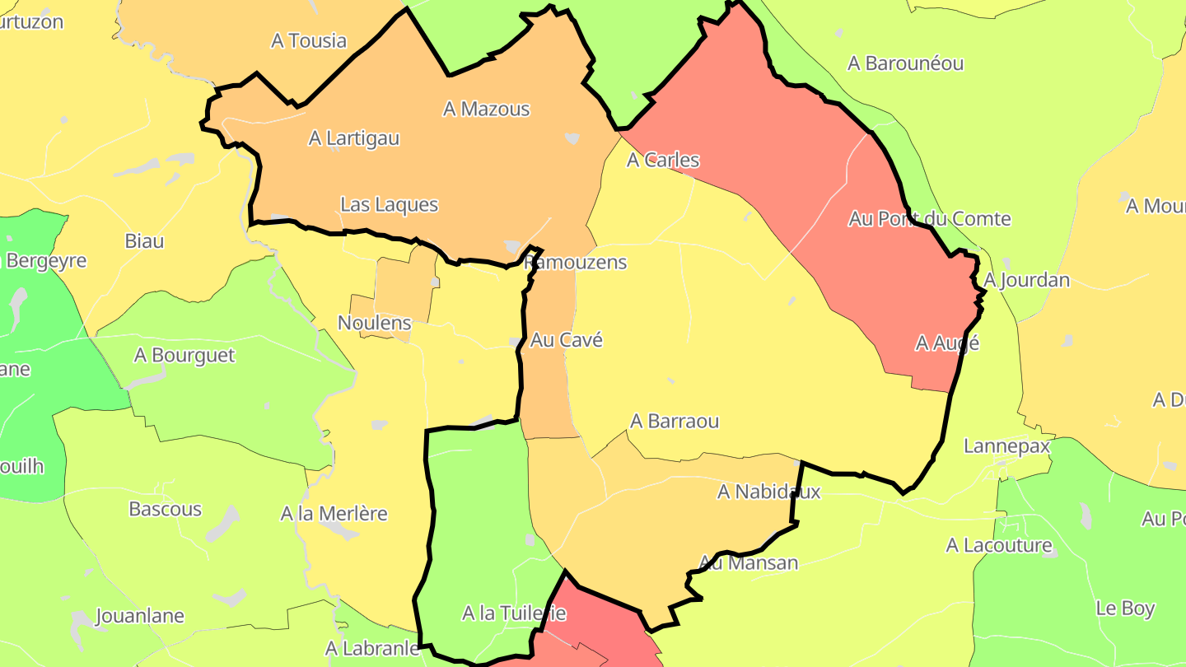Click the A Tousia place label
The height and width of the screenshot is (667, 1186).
pos(309,41)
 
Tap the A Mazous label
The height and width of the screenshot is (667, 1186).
pos(486,109)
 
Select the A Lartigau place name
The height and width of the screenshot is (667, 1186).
pos(354,138)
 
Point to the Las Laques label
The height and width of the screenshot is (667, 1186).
pos(389,204)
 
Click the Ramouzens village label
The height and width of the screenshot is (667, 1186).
pos(576,263)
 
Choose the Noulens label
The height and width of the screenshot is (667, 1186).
pos(374,323)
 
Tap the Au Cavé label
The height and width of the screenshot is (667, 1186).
pos(567,339)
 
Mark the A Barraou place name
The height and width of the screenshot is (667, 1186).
pos(675,421)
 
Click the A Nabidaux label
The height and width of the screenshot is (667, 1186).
pos(769,492)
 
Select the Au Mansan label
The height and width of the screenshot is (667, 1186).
pos(749,563)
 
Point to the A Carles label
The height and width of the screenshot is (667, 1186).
pos(663,160)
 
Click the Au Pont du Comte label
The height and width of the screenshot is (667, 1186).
pos(930,219)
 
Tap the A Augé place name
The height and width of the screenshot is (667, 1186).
pos(947,343)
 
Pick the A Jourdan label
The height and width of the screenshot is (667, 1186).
pos(1027,280)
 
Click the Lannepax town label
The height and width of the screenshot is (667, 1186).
pos(1007,446)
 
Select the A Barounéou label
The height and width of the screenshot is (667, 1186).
pos(905,63)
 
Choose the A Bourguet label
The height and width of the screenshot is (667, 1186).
pos(184,356)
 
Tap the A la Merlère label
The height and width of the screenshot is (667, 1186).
pos(334,514)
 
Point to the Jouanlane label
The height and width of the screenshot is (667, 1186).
pos(140,616)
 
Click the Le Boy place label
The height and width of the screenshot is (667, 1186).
pos(1125,609)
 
